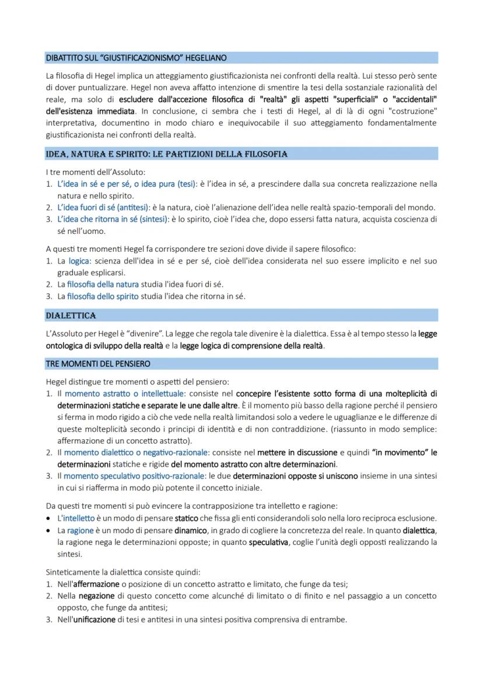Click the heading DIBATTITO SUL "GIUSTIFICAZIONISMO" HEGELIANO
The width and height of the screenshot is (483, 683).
click(136, 58)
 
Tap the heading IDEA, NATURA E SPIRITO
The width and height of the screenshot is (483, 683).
click(166, 154)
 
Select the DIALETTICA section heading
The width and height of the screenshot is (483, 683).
click(71, 316)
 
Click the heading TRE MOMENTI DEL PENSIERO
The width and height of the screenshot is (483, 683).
click(97, 363)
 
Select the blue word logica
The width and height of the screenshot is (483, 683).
click(79, 261)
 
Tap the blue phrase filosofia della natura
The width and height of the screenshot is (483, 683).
click(103, 284)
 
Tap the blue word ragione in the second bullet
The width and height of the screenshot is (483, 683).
click(80, 530)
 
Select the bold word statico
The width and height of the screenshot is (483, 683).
click(187, 518)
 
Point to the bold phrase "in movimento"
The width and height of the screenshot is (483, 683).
click(399, 452)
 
